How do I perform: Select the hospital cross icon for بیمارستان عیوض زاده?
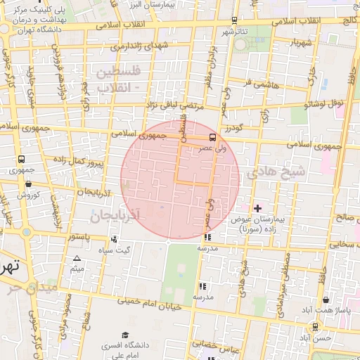(x=257, y=208)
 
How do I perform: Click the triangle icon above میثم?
(x=77, y=259)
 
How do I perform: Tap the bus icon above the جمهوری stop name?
(x=21, y=160)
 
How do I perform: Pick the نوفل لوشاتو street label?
(x=324, y=103)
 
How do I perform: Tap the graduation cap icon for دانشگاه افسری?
(x=125, y=335)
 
